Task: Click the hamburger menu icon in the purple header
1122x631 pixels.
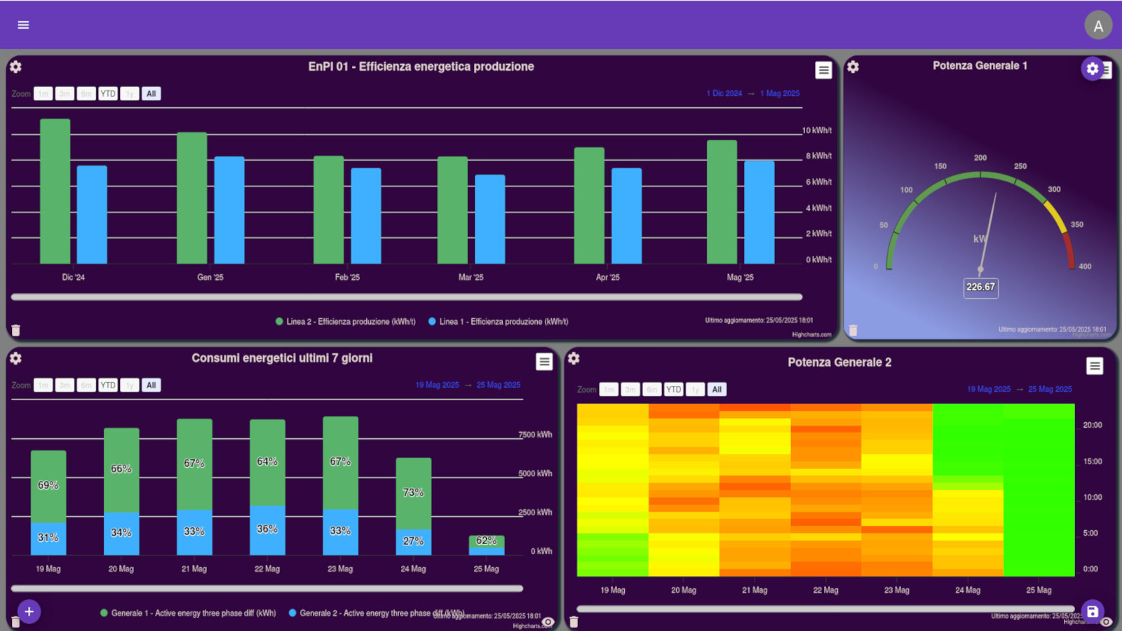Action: point(23,25)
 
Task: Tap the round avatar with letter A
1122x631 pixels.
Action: point(1098,26)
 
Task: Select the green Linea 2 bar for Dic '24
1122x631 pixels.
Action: point(55,191)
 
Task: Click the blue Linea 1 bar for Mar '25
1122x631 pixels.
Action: point(489,219)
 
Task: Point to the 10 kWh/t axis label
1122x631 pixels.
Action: point(817,130)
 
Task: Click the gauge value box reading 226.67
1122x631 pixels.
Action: point(980,287)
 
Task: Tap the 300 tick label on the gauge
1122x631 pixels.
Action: point(1054,189)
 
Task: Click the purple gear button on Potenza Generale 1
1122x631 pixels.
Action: point(1092,69)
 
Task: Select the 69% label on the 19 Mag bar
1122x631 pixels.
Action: point(48,485)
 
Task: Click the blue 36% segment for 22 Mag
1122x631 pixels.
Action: point(267,530)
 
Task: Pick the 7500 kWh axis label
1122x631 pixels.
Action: point(535,435)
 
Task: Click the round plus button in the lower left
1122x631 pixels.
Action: point(29,611)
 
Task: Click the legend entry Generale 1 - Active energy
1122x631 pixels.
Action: point(188,613)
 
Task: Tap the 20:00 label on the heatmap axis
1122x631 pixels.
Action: point(1092,425)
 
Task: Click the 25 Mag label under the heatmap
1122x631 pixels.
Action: point(1039,590)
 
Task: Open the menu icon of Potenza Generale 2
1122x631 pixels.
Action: point(1095,366)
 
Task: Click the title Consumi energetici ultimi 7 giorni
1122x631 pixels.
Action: point(282,358)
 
